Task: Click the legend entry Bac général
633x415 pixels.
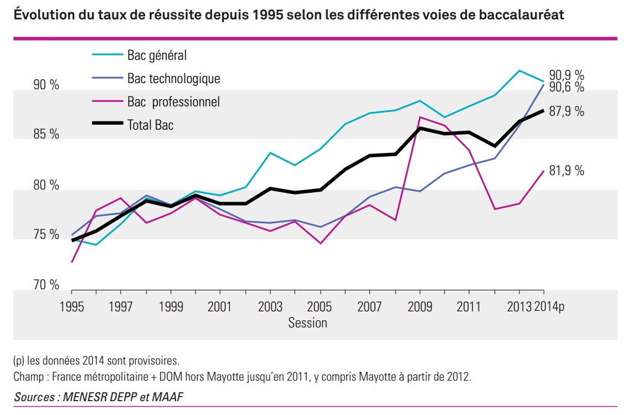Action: point(157,55)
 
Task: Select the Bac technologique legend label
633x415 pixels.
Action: point(173,79)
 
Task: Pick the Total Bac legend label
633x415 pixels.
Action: point(150,125)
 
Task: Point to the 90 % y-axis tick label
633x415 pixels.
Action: point(46,85)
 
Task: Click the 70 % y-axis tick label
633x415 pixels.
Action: point(46,285)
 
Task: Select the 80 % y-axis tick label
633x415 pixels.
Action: point(46,186)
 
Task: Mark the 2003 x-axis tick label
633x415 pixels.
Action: point(270,306)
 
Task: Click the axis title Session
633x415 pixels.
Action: point(307,322)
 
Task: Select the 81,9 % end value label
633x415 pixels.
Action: point(567,171)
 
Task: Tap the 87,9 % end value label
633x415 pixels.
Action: point(567,111)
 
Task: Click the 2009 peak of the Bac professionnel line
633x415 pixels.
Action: point(420,117)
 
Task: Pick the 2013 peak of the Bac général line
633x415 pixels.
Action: point(519,70)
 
